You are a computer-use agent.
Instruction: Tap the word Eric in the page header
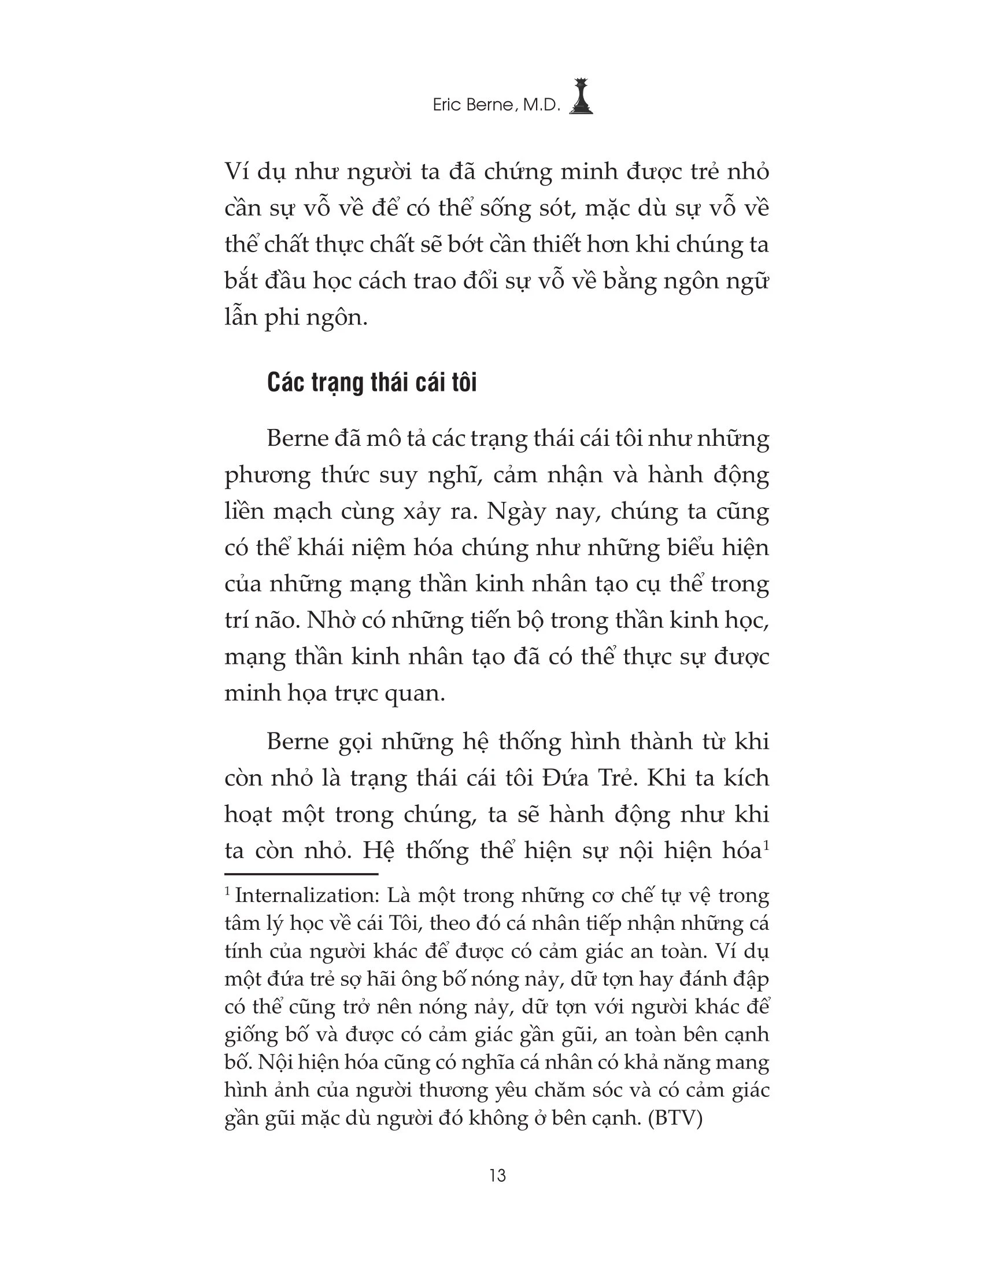point(446,105)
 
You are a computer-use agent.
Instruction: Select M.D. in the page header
point(541,105)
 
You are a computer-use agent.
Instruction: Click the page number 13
point(498,1176)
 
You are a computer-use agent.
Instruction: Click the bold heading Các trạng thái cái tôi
point(372,383)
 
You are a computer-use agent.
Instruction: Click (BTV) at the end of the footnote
point(676,1118)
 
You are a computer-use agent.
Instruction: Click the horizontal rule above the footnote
point(301,874)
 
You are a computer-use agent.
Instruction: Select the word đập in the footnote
point(751,979)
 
